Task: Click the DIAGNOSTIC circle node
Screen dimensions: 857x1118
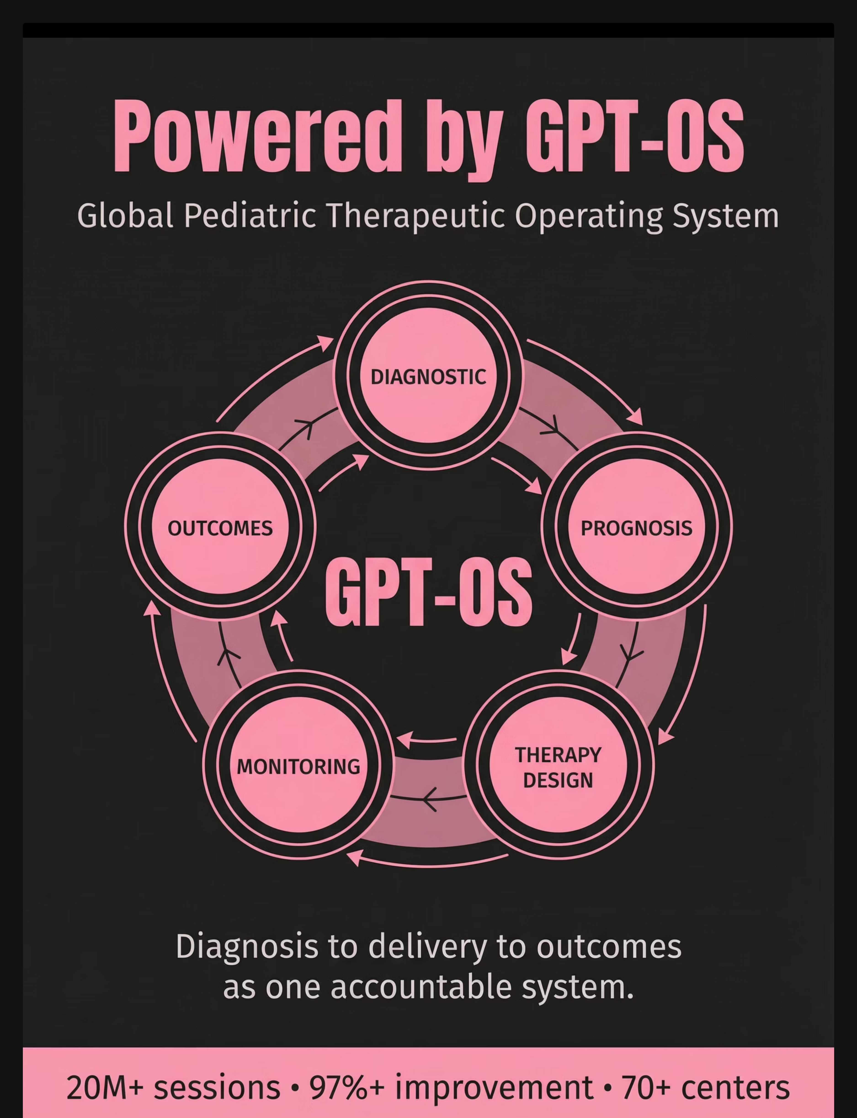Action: [428, 375]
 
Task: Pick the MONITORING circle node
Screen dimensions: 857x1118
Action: [298, 766]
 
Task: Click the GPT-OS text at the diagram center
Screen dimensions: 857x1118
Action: [428, 592]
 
